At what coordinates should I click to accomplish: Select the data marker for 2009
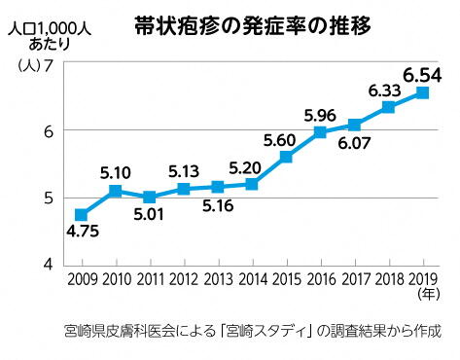click(81, 214)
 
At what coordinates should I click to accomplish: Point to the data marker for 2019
click(423, 93)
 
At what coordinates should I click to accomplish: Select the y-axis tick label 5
click(47, 198)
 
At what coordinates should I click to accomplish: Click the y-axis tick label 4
click(47, 265)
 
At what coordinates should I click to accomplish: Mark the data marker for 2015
click(286, 157)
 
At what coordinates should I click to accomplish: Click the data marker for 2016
click(320, 132)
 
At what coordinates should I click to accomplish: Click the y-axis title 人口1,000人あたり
click(48, 36)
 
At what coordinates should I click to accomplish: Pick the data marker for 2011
click(149, 197)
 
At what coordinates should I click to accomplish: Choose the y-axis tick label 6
click(47, 130)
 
